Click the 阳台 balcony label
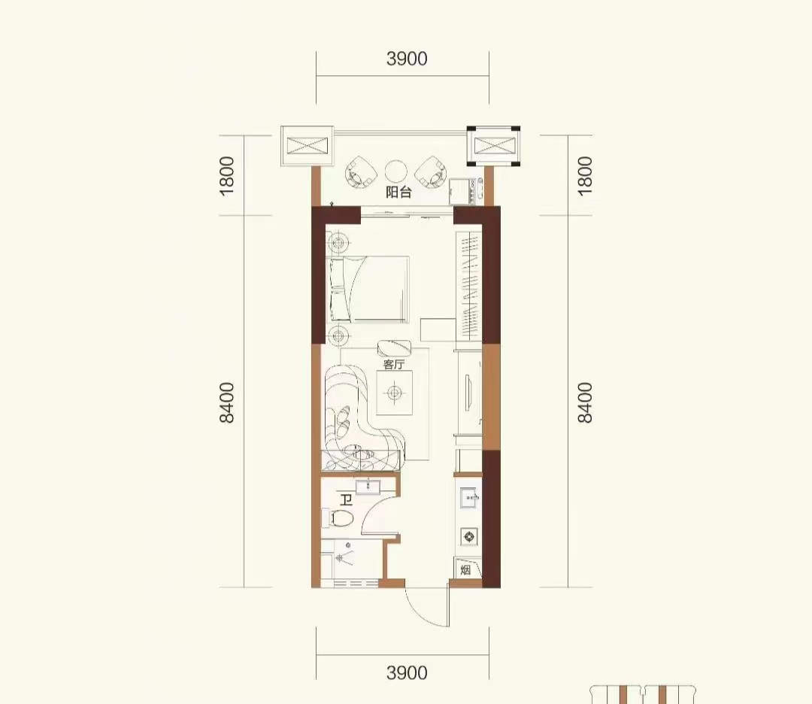pyautogui.click(x=398, y=193)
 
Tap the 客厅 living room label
pyautogui.click(x=393, y=364)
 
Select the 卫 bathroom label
pyautogui.click(x=346, y=500)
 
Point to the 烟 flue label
pyautogui.click(x=465, y=570)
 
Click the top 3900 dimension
pyautogui.click(x=407, y=59)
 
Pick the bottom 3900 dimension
pyautogui.click(x=407, y=673)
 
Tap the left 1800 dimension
pyautogui.click(x=227, y=175)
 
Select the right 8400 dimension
pyautogui.click(x=584, y=402)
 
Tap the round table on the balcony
pyautogui.click(x=396, y=171)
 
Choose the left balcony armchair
pyautogui.click(x=362, y=172)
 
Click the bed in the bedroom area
pyautogui.click(x=368, y=289)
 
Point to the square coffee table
pyautogui.click(x=395, y=392)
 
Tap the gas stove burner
pyautogui.click(x=469, y=536)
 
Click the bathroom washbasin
pyautogui.click(x=368, y=487)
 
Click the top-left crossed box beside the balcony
pyautogui.click(x=307, y=146)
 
